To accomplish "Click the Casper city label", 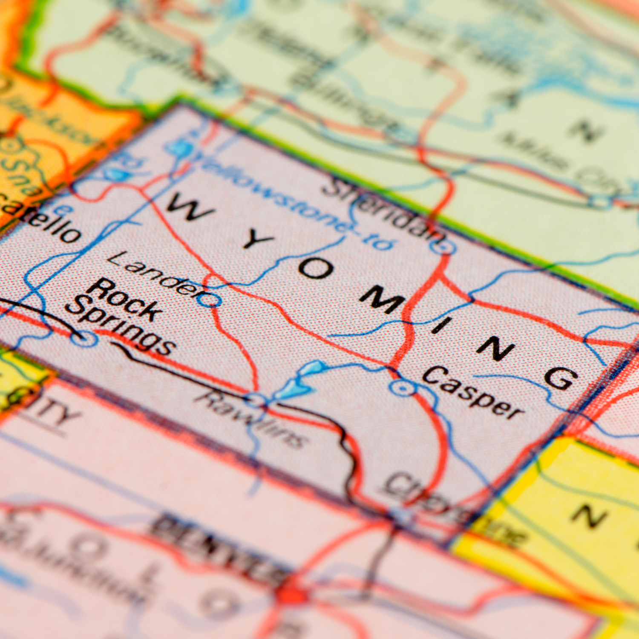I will tap(473, 392).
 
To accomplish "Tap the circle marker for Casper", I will tap(401, 388).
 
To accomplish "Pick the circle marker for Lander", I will tap(210, 299).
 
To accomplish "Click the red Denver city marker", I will tap(291, 595).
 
